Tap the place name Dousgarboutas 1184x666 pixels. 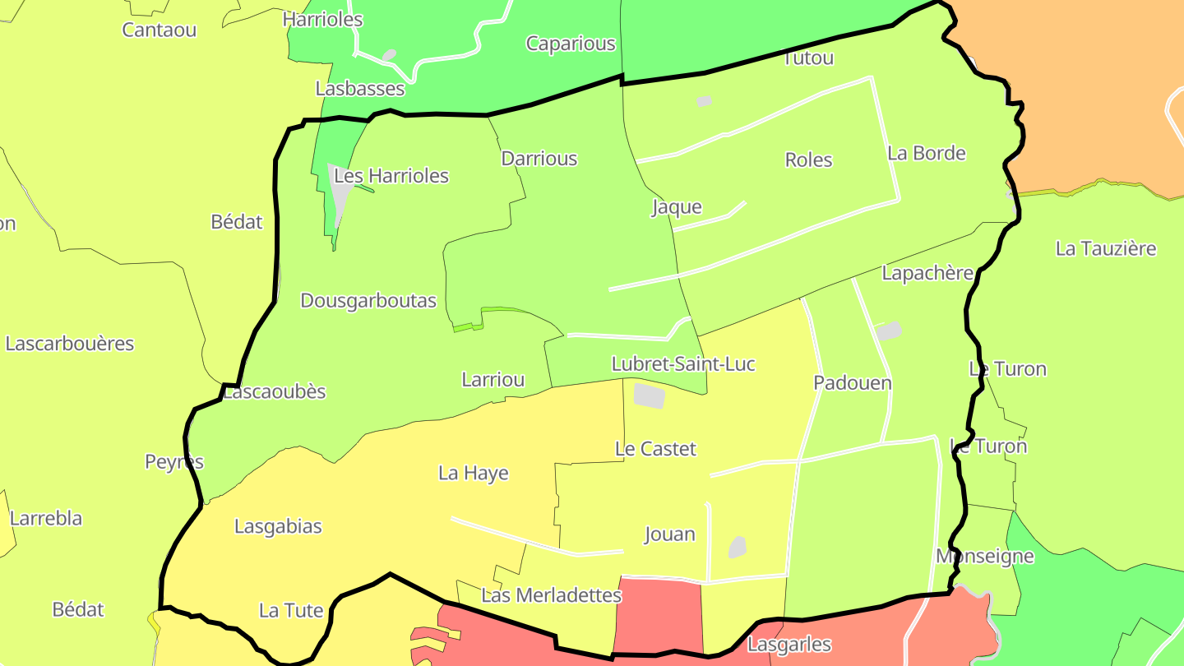[368, 301]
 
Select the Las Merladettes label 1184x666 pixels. [551, 595]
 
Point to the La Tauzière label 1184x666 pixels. [1106, 248]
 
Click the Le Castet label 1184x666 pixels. [655, 449]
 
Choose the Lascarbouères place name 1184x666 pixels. [70, 344]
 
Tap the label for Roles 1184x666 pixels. [808, 160]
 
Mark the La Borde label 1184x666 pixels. [926, 153]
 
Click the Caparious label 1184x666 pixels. [571, 44]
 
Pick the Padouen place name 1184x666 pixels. [853, 382]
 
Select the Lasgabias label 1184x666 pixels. [278, 526]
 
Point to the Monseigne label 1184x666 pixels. [984, 556]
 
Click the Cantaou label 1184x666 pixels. [160, 30]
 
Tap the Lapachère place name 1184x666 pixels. [927, 273]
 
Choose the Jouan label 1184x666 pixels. [669, 534]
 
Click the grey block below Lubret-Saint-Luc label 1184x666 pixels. [650, 395]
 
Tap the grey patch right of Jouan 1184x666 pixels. [738, 547]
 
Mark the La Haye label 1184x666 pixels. [473, 473]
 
